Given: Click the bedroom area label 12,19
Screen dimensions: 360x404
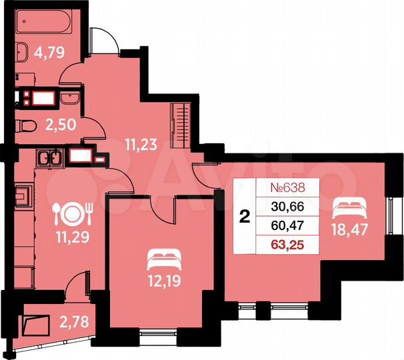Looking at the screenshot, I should coord(163,275).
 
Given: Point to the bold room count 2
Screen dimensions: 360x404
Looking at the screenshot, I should coord(245,216).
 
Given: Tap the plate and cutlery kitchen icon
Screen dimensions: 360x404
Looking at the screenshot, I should coord(71,213).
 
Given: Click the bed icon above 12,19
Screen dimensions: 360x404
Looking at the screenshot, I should coord(163,255).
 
